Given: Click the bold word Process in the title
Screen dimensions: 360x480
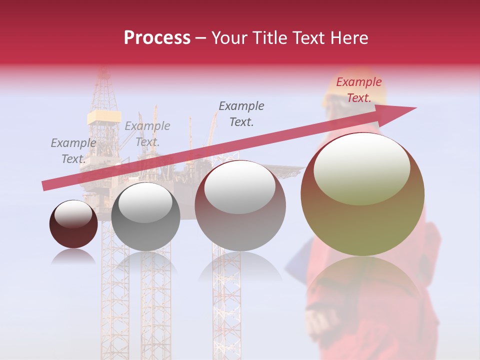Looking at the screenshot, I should (157, 38).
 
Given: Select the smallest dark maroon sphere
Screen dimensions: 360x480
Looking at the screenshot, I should (73, 224).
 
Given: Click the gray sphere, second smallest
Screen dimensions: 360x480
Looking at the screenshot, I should (145, 216).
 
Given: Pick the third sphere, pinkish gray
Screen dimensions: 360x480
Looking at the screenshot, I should (240, 205).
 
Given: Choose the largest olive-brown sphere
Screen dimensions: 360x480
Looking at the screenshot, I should (362, 194).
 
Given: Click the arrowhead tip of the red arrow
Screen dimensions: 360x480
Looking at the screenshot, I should (415, 108).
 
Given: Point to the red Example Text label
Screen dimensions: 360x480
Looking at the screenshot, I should (358, 90).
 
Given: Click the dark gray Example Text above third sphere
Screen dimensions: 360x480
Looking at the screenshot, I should (241, 113).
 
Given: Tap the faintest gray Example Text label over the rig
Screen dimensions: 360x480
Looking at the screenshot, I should (147, 133).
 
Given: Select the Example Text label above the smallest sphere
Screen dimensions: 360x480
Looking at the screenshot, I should (73, 150).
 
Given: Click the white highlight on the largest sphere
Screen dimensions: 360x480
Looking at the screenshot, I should (361, 169).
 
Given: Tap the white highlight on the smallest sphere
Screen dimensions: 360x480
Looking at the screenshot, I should (73, 213).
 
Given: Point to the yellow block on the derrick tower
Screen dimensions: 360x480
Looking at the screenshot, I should (104, 117).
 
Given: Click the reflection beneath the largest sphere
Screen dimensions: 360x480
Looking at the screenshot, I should (362, 280).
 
